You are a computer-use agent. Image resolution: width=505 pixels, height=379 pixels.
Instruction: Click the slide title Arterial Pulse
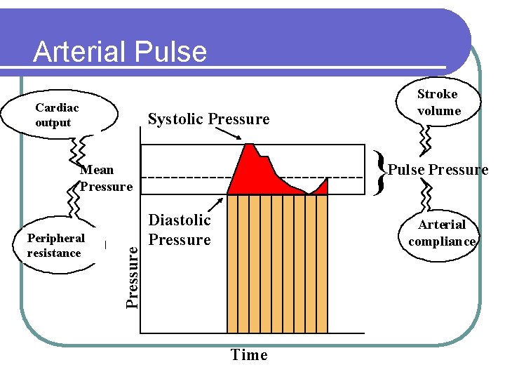[x=120, y=52]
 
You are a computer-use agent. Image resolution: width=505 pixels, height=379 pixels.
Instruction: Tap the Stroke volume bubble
[x=438, y=102]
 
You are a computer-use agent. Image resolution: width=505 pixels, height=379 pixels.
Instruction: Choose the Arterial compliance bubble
[x=441, y=233]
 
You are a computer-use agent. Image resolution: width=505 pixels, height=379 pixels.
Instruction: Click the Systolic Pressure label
[x=208, y=119]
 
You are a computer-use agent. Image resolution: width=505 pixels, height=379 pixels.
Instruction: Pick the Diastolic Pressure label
[x=180, y=230]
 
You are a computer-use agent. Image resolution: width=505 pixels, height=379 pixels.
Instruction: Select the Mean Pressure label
[x=106, y=178]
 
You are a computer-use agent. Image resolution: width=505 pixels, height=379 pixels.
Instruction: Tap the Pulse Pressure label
[x=438, y=170]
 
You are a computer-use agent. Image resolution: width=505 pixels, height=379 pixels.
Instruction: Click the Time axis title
[x=249, y=355]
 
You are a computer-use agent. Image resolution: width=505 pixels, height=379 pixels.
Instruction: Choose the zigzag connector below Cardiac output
[x=81, y=148]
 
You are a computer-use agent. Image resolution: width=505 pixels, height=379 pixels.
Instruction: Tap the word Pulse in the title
[x=173, y=52]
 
